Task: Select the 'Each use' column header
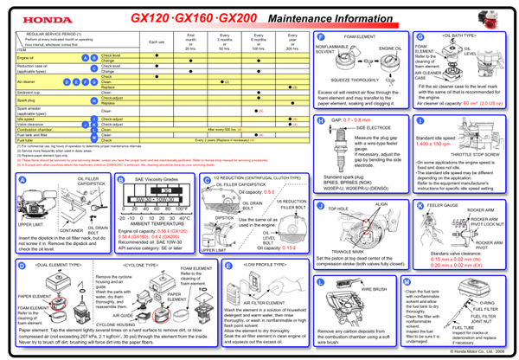157,42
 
